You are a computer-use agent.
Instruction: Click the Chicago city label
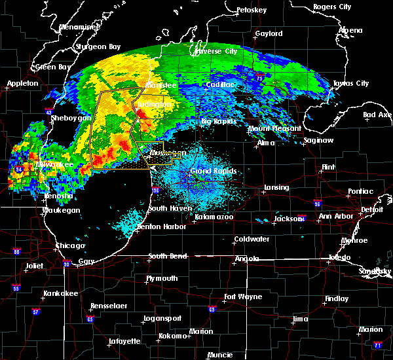point(70,245)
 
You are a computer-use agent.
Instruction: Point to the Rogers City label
point(332,7)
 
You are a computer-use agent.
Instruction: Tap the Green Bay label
point(53,67)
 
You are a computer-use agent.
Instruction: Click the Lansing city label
point(276,187)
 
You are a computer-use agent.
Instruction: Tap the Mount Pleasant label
point(274,129)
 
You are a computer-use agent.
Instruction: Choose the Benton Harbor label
point(159,226)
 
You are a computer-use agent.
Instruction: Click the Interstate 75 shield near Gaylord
point(260,78)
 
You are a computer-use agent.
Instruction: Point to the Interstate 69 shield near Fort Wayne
point(212,309)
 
